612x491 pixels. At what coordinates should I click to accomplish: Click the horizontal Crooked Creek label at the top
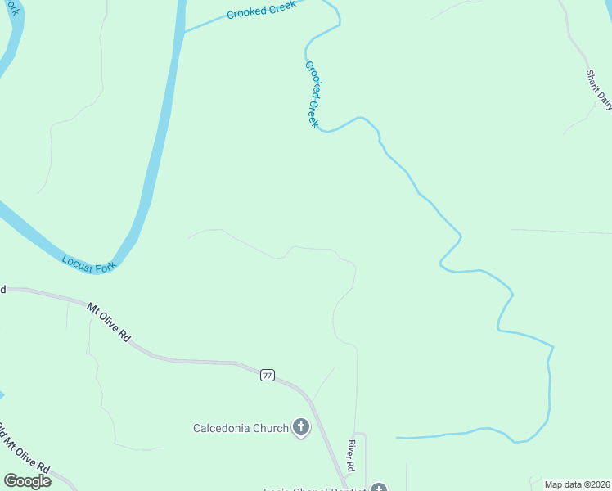click(x=261, y=11)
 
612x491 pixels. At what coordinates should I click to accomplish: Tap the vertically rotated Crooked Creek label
click(x=312, y=93)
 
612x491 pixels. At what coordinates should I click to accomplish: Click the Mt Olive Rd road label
click(x=109, y=322)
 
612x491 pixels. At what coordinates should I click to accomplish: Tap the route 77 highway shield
click(x=268, y=375)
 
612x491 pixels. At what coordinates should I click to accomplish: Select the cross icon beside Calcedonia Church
click(x=301, y=427)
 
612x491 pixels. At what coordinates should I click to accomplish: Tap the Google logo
click(x=27, y=481)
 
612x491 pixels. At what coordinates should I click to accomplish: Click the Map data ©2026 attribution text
click(x=578, y=484)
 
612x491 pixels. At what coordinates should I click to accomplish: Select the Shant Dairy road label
click(x=598, y=89)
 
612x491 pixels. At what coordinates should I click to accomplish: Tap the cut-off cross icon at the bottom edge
click(x=378, y=488)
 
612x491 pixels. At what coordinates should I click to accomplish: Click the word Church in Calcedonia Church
click(x=271, y=428)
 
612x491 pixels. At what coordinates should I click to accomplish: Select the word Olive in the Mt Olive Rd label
click(x=113, y=326)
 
